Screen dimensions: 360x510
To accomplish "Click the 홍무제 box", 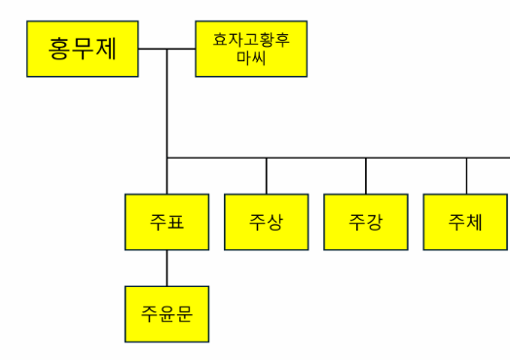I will (x=82, y=49).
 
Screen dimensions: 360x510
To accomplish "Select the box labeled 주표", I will (x=166, y=222).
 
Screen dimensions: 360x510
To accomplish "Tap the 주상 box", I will (x=267, y=222).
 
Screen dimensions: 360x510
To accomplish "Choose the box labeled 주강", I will (x=366, y=222).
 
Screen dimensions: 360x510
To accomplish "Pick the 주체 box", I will (x=465, y=222).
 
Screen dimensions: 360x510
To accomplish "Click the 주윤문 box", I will (x=166, y=313).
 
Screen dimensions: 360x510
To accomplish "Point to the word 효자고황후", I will (x=251, y=40).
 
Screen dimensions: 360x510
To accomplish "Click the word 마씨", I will (x=251, y=57).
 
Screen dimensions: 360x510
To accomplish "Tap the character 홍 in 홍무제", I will (x=60, y=49).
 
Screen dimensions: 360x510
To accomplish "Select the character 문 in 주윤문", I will (x=186, y=313).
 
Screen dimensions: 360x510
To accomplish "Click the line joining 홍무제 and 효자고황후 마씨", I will (x=181, y=49).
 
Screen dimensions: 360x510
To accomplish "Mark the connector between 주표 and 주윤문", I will (x=166, y=267).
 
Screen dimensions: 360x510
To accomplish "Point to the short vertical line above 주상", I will (x=267, y=175).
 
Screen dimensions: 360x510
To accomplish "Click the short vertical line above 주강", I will (x=366, y=175).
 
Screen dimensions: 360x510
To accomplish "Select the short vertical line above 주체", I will (x=466, y=175).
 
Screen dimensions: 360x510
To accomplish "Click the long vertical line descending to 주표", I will (x=166, y=107).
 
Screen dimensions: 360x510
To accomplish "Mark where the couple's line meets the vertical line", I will (x=166, y=49).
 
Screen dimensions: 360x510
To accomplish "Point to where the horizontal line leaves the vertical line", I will (x=166, y=157).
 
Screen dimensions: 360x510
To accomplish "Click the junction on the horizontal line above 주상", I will (x=267, y=157).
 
